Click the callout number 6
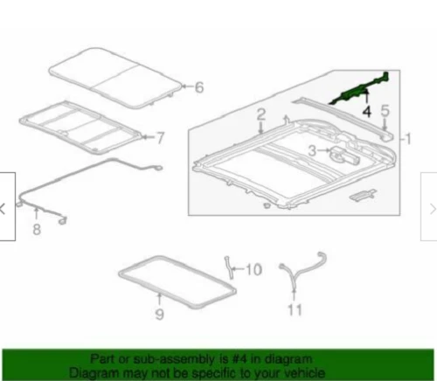[x=198, y=87]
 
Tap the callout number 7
[x=159, y=136]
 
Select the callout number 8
[x=36, y=230]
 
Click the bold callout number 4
[x=367, y=112]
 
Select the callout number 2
[x=260, y=115]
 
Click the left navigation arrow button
[x=5, y=208]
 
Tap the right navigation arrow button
[x=430, y=208]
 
